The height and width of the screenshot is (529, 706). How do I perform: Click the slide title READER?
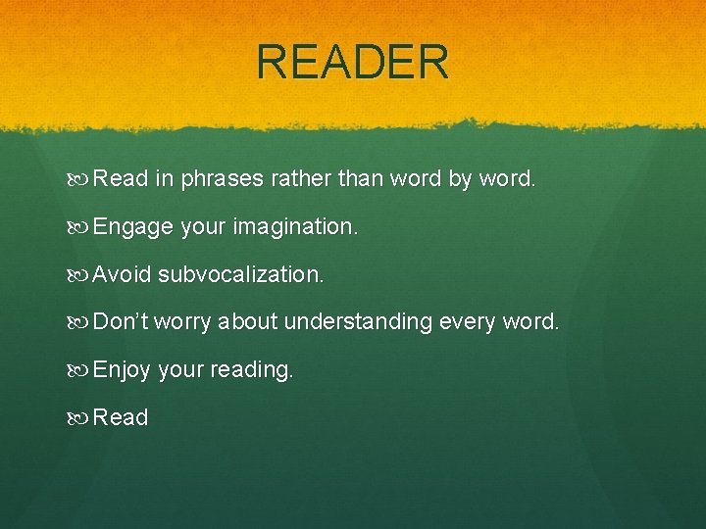tap(353, 62)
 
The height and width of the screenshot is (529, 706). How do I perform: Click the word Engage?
tap(132, 227)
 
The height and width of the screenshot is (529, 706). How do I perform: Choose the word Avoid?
tap(122, 274)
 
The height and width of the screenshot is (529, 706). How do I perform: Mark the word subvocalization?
tap(240, 274)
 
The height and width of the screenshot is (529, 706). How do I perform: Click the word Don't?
tap(120, 321)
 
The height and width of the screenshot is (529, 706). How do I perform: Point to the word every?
tap(471, 322)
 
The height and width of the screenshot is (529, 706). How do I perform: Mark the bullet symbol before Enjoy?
tap(79, 370)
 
